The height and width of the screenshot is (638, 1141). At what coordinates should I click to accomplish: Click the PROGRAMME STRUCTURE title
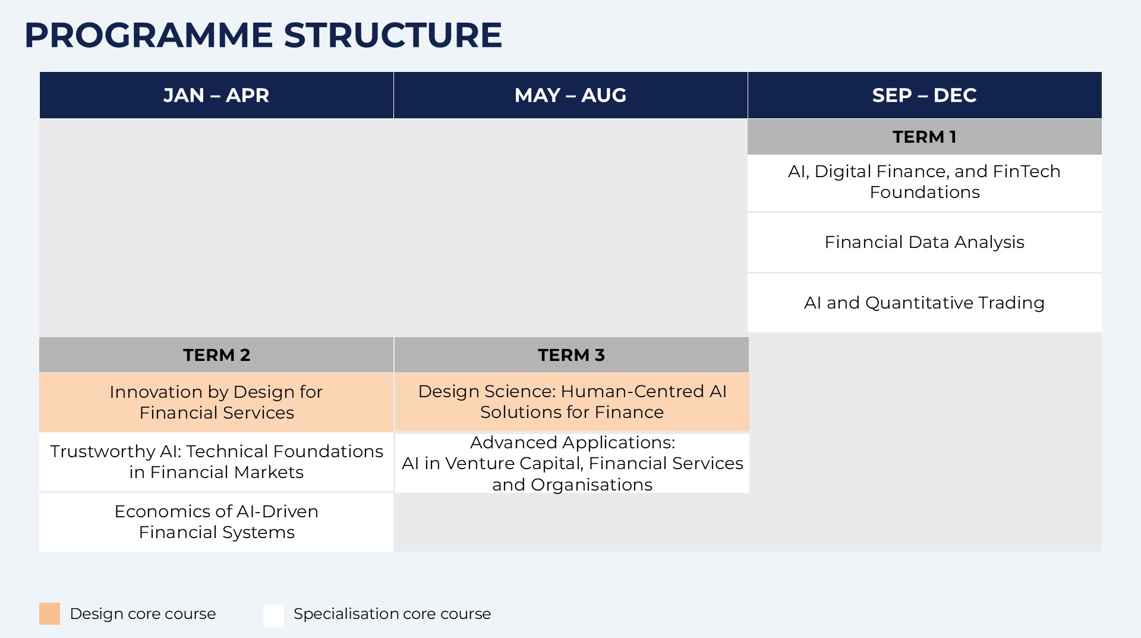click(263, 35)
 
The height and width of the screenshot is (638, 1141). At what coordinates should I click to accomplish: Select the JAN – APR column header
click(216, 95)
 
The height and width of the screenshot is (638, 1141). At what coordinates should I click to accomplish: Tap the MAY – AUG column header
click(570, 95)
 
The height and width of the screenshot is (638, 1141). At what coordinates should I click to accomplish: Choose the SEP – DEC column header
click(925, 95)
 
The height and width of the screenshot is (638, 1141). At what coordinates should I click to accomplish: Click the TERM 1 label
click(925, 137)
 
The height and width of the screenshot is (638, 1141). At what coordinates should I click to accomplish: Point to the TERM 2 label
click(216, 355)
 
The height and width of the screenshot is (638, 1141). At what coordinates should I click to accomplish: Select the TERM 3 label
click(572, 355)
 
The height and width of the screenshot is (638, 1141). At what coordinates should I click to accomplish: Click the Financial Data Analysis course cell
click(925, 243)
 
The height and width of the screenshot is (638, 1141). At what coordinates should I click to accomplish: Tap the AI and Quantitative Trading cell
click(925, 303)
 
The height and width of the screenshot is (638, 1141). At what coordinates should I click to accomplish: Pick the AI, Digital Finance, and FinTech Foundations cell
click(925, 182)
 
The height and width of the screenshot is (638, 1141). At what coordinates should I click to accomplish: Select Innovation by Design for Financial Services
click(216, 402)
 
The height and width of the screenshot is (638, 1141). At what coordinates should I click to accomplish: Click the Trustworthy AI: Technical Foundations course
click(216, 461)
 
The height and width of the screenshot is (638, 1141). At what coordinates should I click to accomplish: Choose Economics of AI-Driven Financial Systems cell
click(216, 522)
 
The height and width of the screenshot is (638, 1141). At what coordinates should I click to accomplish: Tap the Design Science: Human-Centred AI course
click(572, 401)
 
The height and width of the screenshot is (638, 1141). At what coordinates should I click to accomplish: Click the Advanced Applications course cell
click(572, 463)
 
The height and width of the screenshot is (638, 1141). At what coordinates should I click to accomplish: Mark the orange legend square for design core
click(50, 614)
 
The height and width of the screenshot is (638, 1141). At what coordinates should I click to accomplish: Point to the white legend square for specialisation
click(274, 615)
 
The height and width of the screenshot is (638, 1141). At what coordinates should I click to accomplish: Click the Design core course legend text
click(143, 614)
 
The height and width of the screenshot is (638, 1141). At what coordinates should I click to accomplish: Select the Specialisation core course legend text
click(392, 614)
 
